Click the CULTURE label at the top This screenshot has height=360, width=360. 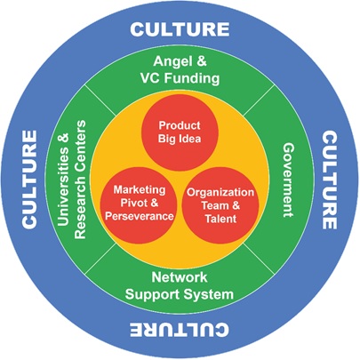point(180,28)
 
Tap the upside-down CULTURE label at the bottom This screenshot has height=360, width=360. point(180,331)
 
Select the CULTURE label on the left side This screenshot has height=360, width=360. point(28,180)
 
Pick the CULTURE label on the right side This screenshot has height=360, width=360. point(330,180)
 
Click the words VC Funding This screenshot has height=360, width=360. point(180,78)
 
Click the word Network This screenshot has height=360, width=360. point(180,277)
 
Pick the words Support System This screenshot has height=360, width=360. point(180,294)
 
